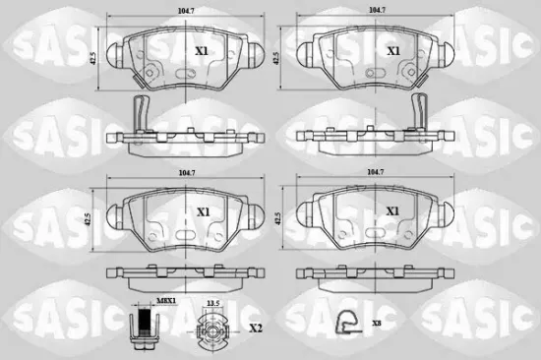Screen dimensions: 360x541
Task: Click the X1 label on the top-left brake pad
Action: [x=203, y=50]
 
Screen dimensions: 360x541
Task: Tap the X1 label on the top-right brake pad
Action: [x=392, y=50]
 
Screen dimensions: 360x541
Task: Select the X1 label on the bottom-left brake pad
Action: [x=203, y=211]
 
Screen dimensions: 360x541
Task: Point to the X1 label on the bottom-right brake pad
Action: [x=392, y=211]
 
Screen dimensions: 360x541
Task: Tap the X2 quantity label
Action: [x=256, y=328]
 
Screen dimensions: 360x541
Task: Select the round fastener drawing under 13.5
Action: [x=210, y=330]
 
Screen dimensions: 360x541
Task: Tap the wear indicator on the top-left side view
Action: [x=140, y=117]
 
